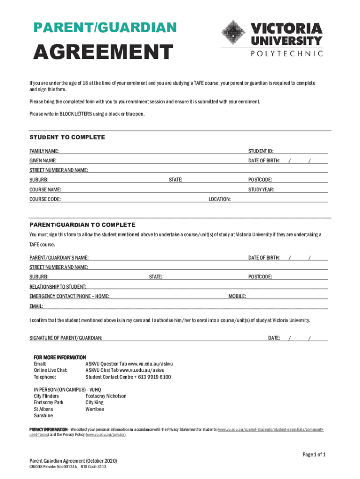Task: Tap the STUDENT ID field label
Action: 261,151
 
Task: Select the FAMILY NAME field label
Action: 44,151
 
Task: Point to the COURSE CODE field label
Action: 45,199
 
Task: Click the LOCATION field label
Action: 219,199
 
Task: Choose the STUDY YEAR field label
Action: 261,189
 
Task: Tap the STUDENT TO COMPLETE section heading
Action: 67,138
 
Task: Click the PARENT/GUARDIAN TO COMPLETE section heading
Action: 82,225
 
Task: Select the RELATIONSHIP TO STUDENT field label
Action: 61,287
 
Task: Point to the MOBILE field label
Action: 237,296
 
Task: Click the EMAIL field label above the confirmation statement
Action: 36,306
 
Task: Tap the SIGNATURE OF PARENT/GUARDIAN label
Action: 66,338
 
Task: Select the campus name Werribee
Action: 95,409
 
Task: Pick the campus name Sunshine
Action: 43,416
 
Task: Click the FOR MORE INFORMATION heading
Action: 60,357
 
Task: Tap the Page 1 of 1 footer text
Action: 314,455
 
